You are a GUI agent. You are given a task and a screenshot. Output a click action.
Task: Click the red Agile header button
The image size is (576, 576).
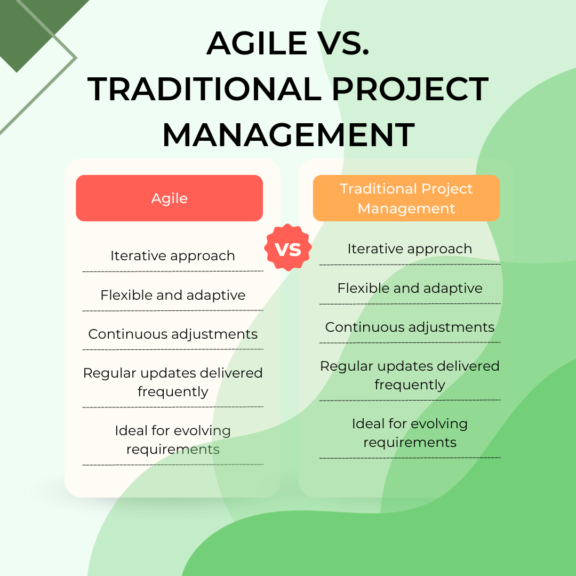tap(169, 198)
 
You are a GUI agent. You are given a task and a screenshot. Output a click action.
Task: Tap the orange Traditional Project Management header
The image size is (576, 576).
tap(406, 198)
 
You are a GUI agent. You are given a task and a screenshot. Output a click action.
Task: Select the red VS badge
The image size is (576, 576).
tap(288, 248)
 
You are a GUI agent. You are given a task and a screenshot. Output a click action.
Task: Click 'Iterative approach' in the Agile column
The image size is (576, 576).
tap(172, 256)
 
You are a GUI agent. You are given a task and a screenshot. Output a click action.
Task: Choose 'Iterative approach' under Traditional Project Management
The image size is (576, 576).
tap(410, 249)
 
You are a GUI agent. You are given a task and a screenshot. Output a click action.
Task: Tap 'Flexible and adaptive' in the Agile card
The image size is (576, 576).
tap(173, 295)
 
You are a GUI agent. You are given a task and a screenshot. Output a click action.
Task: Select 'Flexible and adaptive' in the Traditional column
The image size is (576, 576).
tap(410, 289)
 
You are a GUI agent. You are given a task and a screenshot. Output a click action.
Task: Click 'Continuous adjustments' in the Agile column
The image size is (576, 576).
tap(173, 334)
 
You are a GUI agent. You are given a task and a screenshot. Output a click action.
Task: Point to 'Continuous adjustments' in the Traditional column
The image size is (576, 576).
tap(410, 327)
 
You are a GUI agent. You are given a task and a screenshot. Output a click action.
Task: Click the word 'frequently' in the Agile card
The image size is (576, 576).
tap(173, 392)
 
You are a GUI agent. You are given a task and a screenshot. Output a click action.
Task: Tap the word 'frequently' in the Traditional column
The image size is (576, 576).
tap(410, 385)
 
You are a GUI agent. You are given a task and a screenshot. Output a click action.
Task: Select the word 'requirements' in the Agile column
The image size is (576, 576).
tap(173, 450)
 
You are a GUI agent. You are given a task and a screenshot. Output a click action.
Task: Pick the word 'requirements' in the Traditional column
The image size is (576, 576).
tap(410, 443)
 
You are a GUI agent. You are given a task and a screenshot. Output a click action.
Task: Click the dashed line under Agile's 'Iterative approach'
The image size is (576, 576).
tap(173, 271)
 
